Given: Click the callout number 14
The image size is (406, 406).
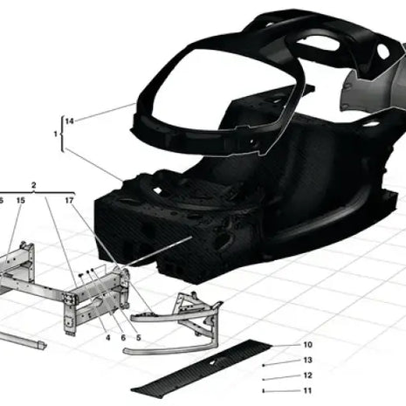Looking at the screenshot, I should pyautogui.click(x=69, y=120).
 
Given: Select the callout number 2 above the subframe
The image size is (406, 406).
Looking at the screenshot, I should pyautogui.click(x=33, y=185).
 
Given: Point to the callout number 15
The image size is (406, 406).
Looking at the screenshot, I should pyautogui.click(x=19, y=201).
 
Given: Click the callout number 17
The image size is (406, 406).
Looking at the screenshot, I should pyautogui.click(x=69, y=201).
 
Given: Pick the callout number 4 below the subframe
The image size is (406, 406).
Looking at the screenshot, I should pyautogui.click(x=106, y=337).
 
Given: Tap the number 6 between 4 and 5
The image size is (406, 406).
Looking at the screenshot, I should pyautogui.click(x=123, y=337).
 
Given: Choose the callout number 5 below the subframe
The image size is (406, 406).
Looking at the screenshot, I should pyautogui.click(x=139, y=337).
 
